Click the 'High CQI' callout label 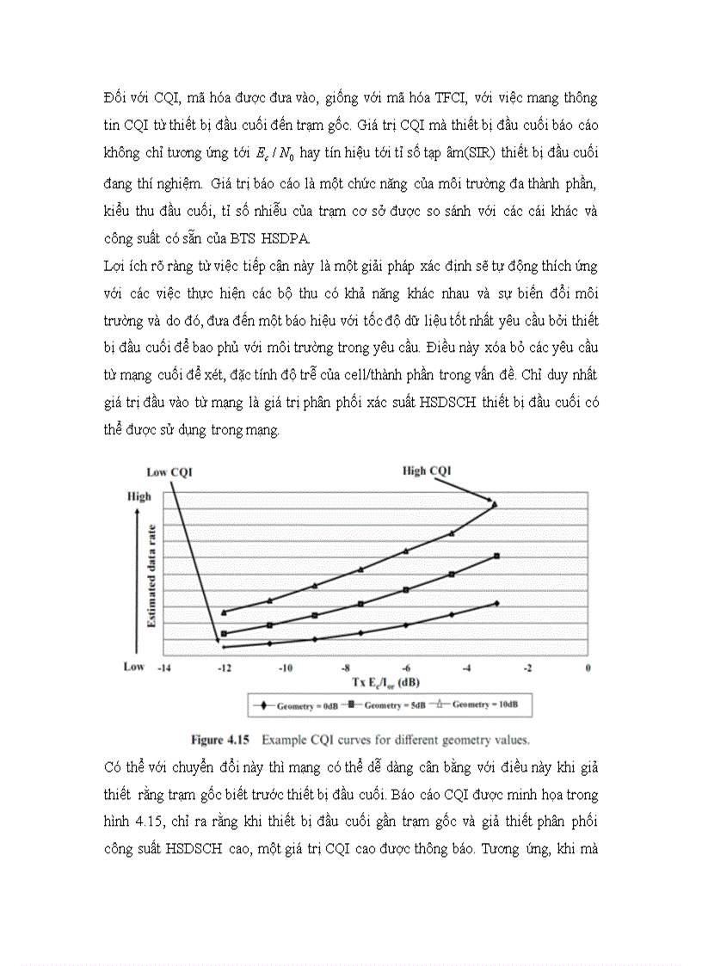click(x=427, y=470)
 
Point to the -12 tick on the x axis click(x=224, y=668)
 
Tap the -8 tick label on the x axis click(x=345, y=668)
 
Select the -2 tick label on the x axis click(x=527, y=668)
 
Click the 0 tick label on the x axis click(x=588, y=668)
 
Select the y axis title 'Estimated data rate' click(x=151, y=575)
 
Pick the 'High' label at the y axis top click(x=139, y=496)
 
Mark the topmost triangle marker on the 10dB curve click(x=495, y=504)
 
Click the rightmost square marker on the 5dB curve click(x=497, y=557)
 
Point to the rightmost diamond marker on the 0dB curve click(x=497, y=604)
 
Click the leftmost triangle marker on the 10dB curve click(x=224, y=612)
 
